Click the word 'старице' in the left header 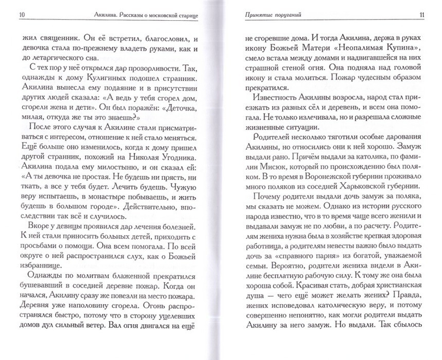186,15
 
